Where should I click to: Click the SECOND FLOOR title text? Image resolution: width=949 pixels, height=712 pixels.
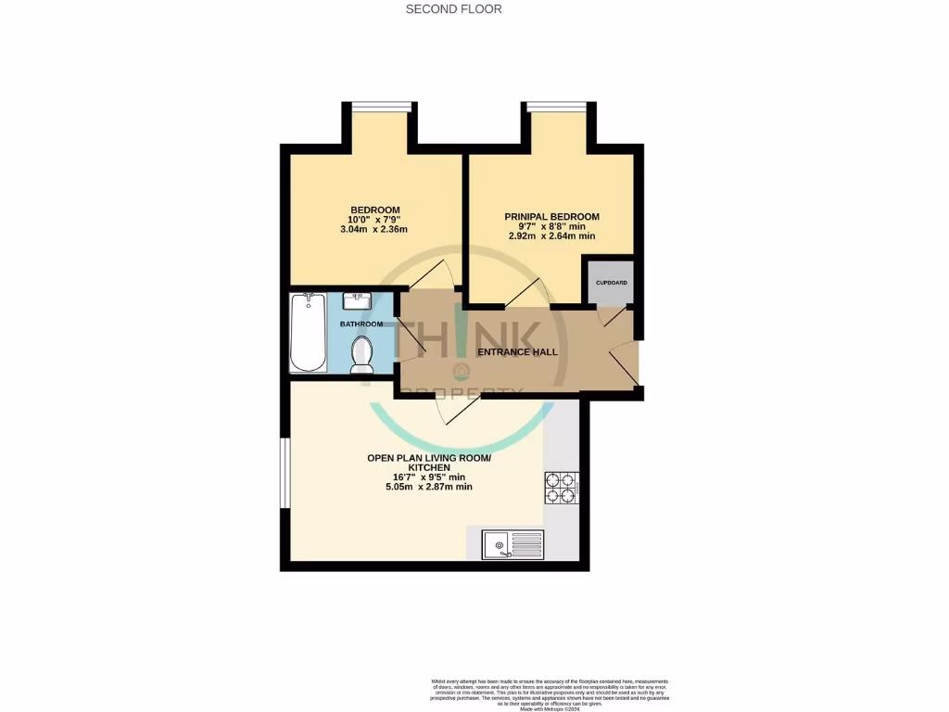pos(454,9)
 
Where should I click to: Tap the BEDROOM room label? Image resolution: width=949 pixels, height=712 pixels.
pos(374,210)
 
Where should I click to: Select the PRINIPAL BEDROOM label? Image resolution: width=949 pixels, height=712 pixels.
pos(551,217)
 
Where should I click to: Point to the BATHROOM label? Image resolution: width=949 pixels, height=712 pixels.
pos(361,324)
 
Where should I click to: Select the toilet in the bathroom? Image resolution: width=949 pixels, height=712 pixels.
pos(361,354)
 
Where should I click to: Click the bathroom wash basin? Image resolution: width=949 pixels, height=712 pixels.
pos(357,301)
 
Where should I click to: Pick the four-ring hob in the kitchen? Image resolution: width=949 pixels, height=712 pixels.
pos(561,488)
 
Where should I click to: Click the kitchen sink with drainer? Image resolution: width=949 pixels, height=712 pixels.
pos(512,543)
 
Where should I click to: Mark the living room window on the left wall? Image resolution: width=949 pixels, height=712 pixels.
pos(285,473)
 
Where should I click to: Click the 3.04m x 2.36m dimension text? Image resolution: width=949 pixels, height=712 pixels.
pos(374,230)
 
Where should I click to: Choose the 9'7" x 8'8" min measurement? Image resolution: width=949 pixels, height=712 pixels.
pos(551,226)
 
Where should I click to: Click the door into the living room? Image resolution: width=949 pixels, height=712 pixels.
pos(461,408)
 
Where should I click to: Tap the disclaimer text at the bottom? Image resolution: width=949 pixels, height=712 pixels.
pos(550,693)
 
